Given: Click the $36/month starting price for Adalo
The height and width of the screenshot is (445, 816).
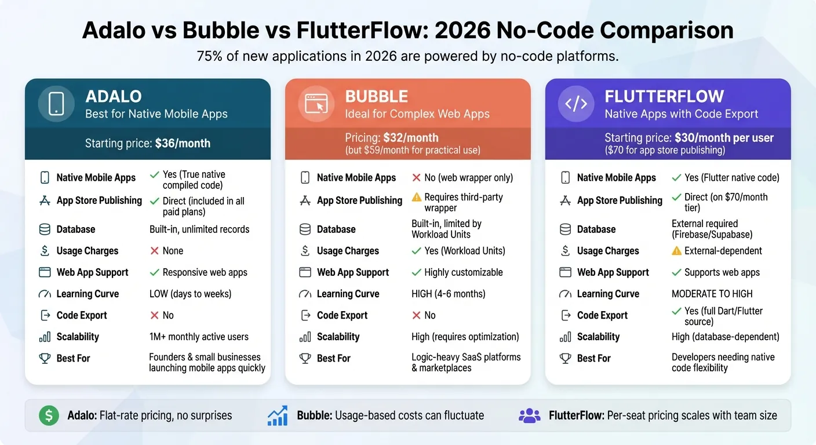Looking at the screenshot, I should click(183, 143).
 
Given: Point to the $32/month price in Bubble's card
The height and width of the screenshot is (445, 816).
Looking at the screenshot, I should click(410, 138).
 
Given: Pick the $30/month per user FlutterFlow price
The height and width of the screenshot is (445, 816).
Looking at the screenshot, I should click(724, 138).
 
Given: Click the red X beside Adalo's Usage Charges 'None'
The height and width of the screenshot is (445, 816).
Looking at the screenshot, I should click(154, 251).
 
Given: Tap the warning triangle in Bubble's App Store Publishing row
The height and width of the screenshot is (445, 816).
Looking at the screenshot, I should click(416, 198).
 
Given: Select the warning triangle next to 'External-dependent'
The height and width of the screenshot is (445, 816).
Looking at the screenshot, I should click(676, 251).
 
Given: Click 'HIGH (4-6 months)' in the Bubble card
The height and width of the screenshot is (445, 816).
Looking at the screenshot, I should click(448, 294).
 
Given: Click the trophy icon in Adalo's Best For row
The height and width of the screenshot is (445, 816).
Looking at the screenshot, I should click(45, 358).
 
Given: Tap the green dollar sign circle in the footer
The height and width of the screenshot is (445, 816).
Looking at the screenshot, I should click(49, 415).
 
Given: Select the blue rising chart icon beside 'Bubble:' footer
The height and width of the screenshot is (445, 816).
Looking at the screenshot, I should click(278, 415).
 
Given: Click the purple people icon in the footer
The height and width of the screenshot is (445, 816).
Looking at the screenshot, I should click(529, 415).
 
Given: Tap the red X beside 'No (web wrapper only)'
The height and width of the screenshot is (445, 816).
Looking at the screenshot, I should click(416, 178).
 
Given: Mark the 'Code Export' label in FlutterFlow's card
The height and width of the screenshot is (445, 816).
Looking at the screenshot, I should click(602, 315).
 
